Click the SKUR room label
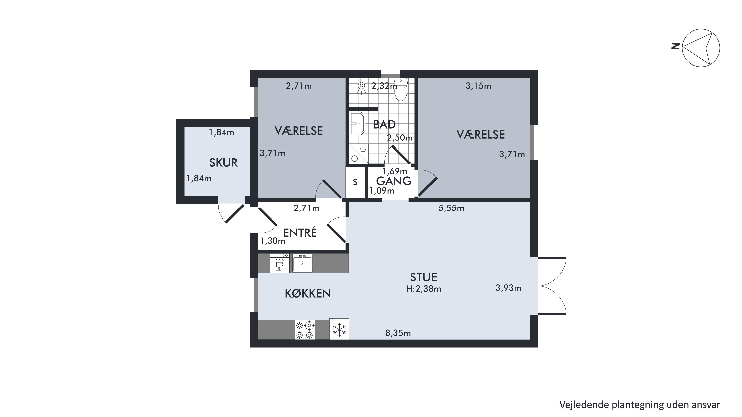(x=223, y=163)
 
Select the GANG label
(x=394, y=181)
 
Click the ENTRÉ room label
(x=300, y=232)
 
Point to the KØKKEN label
(x=308, y=293)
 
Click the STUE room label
(x=423, y=277)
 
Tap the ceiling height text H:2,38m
(x=423, y=289)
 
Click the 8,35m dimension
(x=398, y=333)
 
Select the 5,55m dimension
(x=451, y=208)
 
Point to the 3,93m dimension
(x=508, y=288)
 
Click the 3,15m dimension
(x=478, y=86)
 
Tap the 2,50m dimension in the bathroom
(x=399, y=138)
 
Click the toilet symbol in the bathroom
(x=401, y=90)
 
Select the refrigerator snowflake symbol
(x=339, y=329)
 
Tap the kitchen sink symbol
(x=302, y=263)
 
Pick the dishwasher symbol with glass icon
(x=279, y=263)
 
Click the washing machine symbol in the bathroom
(x=359, y=154)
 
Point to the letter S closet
(x=355, y=182)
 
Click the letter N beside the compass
(x=675, y=46)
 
